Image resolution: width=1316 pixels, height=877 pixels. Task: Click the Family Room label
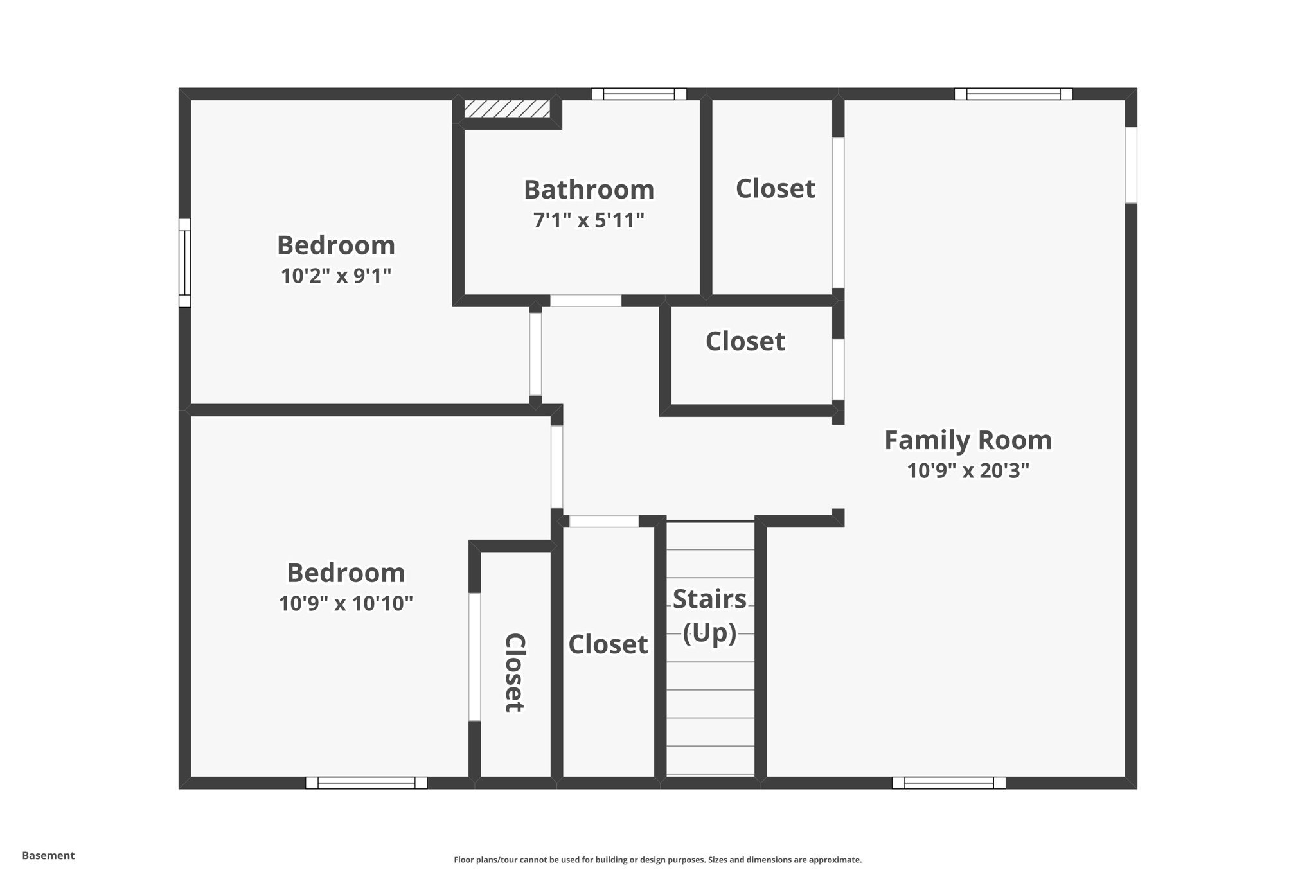point(968,441)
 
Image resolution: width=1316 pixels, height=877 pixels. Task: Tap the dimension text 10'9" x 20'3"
point(968,471)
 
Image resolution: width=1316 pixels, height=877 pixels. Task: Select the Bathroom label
point(589,190)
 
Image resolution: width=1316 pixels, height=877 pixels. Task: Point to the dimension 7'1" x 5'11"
point(589,220)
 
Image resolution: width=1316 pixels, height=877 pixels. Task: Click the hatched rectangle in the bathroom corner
point(507,109)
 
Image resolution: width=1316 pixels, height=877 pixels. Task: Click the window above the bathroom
point(639,94)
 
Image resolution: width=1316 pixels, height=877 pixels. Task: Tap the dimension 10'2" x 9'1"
point(335,276)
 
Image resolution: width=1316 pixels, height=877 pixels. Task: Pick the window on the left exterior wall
point(184,263)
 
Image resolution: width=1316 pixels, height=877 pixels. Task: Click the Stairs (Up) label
point(709,616)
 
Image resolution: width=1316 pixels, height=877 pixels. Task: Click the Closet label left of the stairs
point(608,644)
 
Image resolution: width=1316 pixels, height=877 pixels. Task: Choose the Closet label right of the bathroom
point(775,189)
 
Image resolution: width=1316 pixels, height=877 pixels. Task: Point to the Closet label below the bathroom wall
point(745,341)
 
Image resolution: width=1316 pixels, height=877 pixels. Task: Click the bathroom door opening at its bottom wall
point(585,301)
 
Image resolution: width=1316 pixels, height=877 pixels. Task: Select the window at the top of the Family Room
point(1013,94)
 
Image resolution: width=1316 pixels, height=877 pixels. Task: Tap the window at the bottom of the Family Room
point(948,783)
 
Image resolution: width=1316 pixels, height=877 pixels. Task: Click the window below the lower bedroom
point(366,783)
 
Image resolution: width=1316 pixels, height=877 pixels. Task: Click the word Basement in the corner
point(48,855)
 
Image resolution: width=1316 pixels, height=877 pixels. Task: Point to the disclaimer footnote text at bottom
point(657,860)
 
